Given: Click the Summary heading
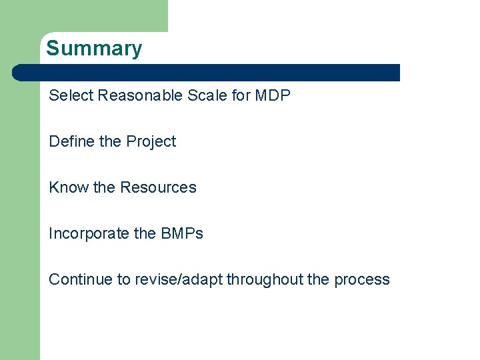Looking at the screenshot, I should pyautogui.click(x=94, y=49).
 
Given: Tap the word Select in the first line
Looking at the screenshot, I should pyautogui.click(x=71, y=95).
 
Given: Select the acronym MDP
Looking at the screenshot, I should pyautogui.click(x=273, y=95).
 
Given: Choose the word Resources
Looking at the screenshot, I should pyautogui.click(x=158, y=187).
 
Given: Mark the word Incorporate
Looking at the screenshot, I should pyautogui.click(x=89, y=233).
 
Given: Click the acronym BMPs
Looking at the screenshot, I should pyautogui.click(x=182, y=233).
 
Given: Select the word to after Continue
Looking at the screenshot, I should pyautogui.click(x=124, y=279).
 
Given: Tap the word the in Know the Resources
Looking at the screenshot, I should pyautogui.click(x=104, y=187).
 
